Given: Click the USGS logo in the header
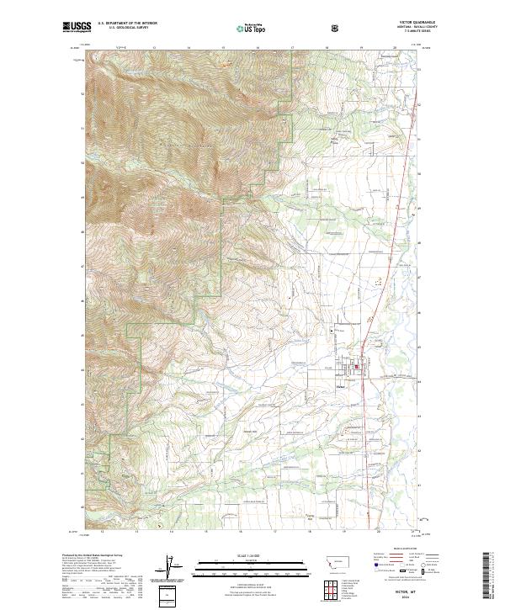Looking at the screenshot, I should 77,28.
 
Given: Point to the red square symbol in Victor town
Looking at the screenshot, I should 356,366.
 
